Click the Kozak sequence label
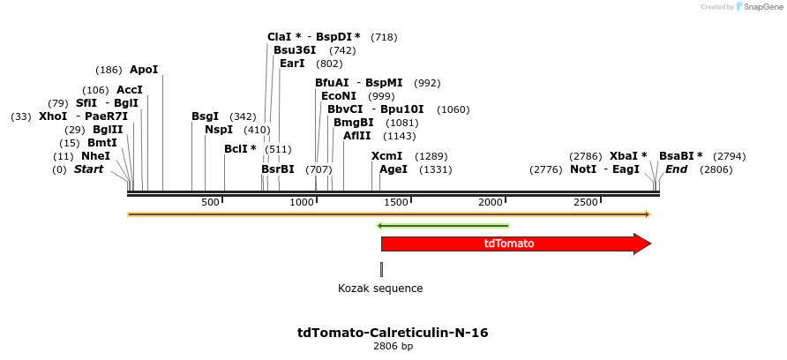(x=380, y=289)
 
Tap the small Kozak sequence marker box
(x=381, y=269)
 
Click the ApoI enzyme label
(x=144, y=70)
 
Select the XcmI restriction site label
(x=386, y=156)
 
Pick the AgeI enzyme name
(x=393, y=169)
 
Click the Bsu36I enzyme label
(x=295, y=50)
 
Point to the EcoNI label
(x=339, y=96)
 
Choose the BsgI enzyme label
(x=205, y=116)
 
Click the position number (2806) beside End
(x=716, y=169)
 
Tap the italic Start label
(x=88, y=169)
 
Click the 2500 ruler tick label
(x=587, y=203)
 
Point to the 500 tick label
(x=210, y=203)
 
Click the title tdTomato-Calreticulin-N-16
(x=393, y=333)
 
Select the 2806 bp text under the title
(x=393, y=347)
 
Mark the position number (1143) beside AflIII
(x=399, y=136)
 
